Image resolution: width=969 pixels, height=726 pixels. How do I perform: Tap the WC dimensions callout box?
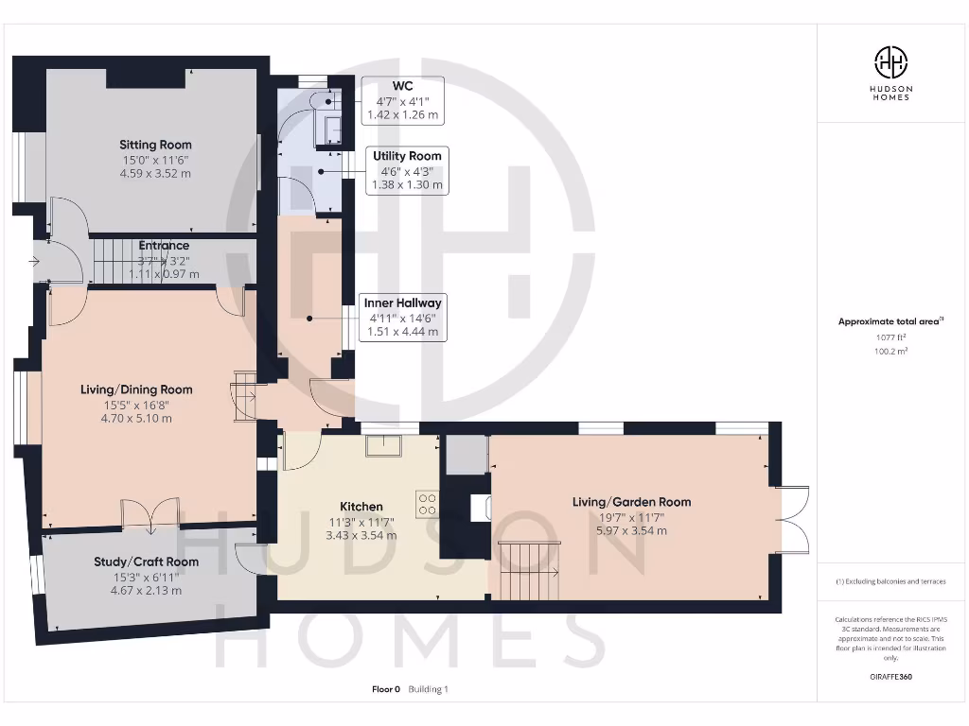click(403, 100)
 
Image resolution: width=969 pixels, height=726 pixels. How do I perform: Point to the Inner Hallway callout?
click(403, 318)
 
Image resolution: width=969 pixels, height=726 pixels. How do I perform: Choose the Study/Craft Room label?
click(146, 562)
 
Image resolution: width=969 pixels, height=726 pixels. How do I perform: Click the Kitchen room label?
click(361, 507)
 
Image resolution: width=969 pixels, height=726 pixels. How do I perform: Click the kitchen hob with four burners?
click(426, 501)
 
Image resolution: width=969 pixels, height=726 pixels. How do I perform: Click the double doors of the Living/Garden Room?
click(791, 519)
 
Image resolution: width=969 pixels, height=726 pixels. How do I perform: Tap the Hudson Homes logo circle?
click(890, 62)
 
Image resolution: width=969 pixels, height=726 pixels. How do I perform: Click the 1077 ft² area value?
click(890, 337)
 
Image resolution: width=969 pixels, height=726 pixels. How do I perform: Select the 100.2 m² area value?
click(890, 351)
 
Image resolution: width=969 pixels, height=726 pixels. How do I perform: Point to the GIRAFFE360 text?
click(890, 677)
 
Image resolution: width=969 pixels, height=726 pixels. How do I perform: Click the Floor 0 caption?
click(387, 689)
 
